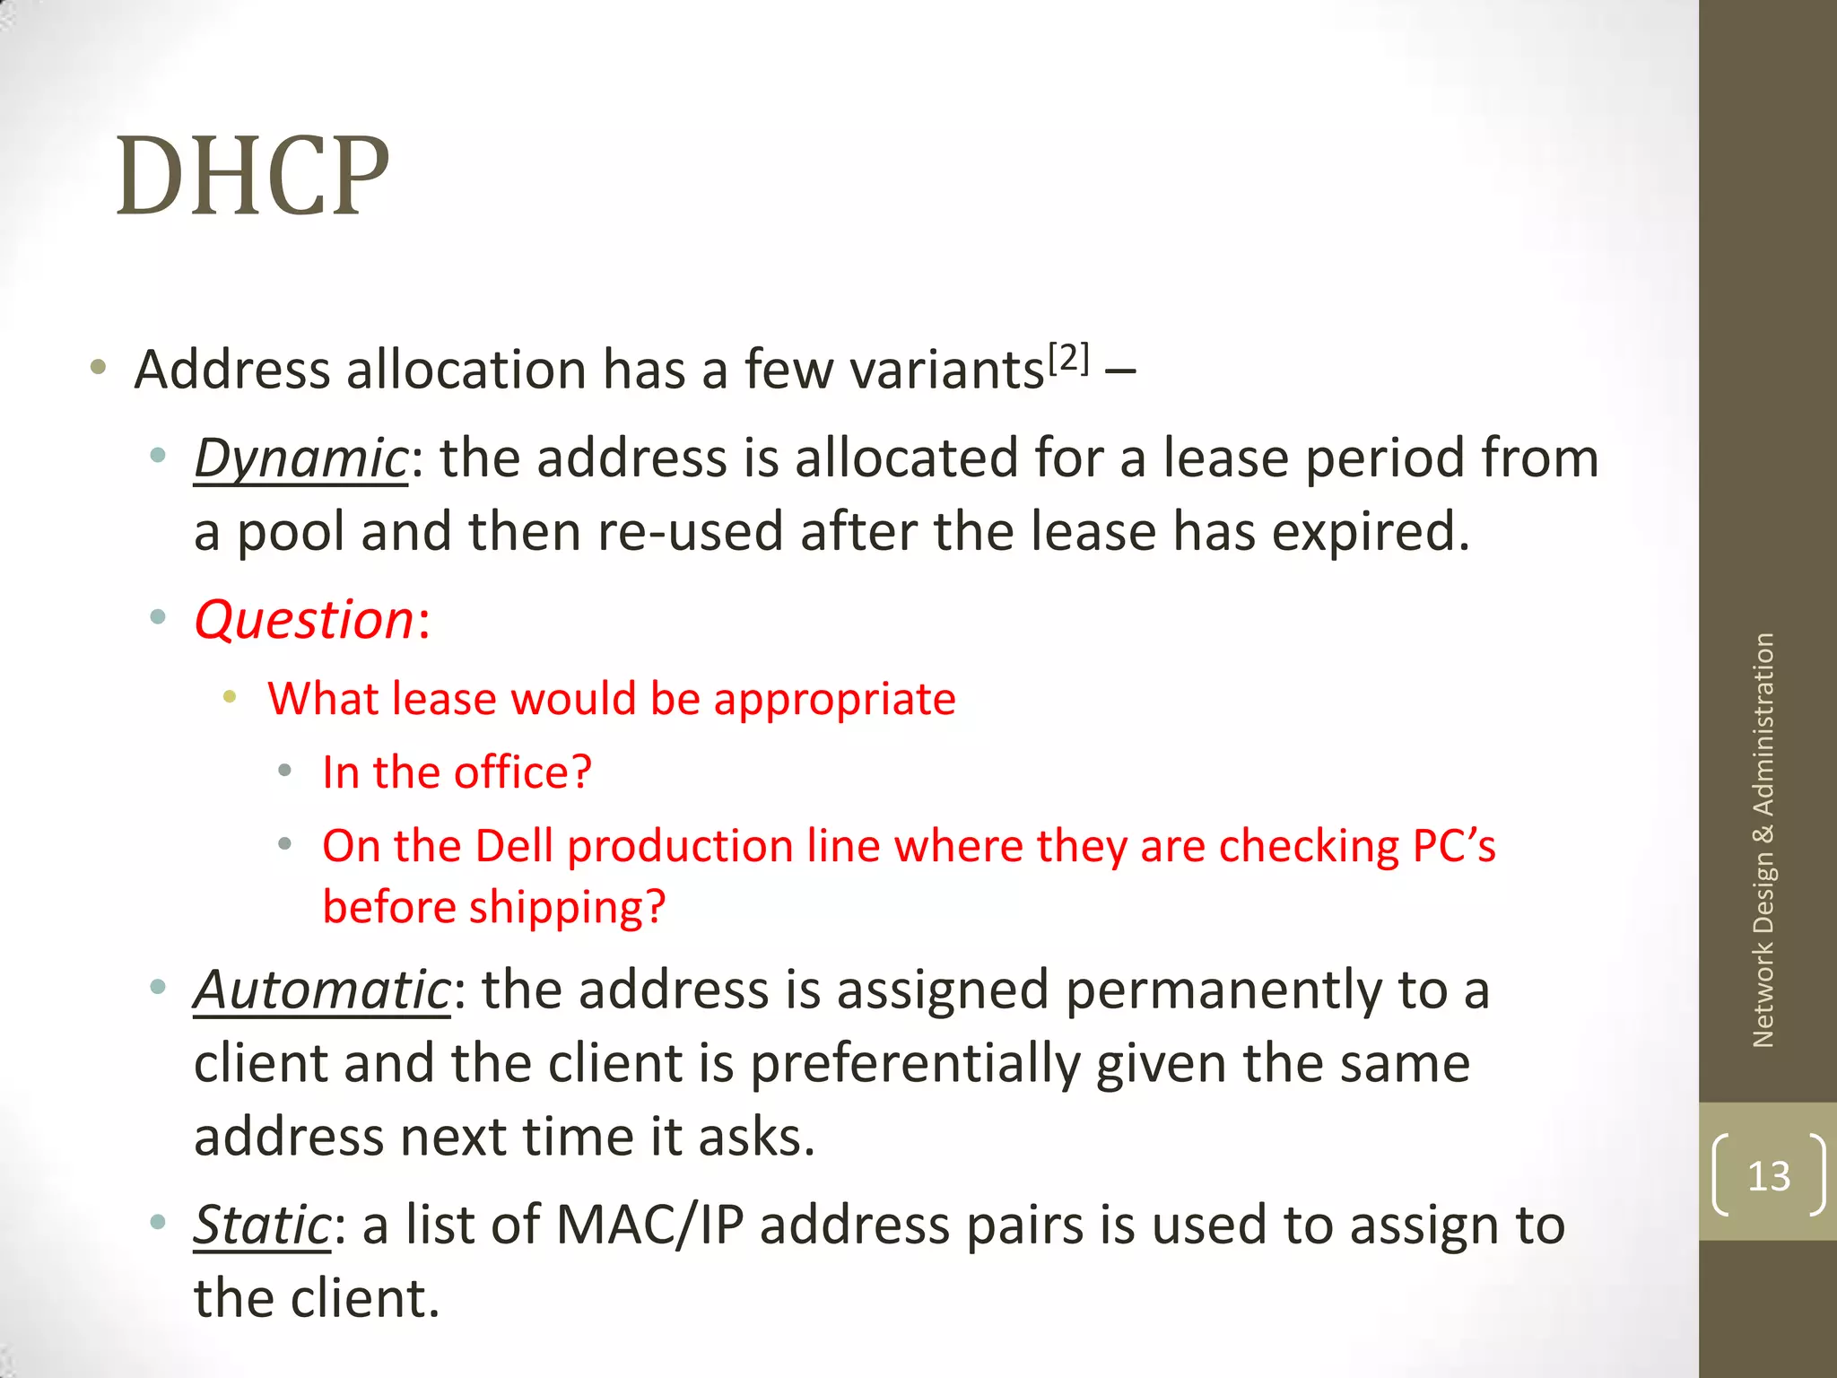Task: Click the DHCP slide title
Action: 253,177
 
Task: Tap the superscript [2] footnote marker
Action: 1068,359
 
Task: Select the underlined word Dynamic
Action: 301,459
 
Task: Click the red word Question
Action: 304,620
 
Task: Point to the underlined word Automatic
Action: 322,990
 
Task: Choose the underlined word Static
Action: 263,1225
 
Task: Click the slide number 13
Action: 1768,1176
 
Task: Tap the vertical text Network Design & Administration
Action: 1763,840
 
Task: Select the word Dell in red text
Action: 514,846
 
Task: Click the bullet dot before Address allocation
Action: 99,367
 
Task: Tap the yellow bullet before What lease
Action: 230,696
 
